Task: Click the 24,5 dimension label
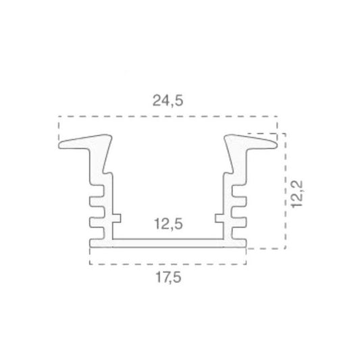168,101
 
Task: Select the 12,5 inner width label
168,224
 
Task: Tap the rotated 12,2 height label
297,195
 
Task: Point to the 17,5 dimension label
168,277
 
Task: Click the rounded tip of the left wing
59,145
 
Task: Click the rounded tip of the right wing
276,145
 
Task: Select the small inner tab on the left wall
117,218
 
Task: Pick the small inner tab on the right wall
220,218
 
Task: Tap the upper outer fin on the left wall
97,201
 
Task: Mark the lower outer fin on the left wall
97,222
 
